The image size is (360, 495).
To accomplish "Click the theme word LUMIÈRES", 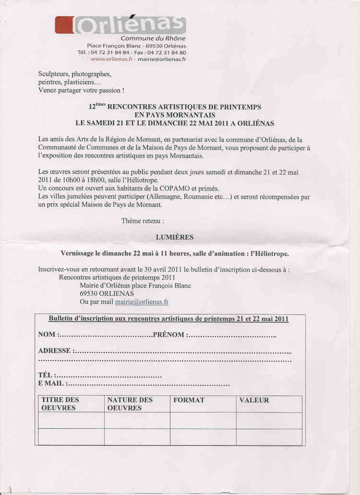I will [x=175, y=237].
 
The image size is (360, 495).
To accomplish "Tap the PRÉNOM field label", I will [x=168, y=334].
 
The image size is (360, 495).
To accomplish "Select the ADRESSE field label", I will [x=54, y=351].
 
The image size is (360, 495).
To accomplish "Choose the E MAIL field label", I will [x=50, y=384].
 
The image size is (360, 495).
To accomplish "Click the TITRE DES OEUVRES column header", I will [x=60, y=404].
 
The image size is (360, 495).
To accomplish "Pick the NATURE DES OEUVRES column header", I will [x=130, y=404].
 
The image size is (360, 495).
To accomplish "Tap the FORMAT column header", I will [x=189, y=400].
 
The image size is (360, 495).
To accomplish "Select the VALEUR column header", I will [x=254, y=400].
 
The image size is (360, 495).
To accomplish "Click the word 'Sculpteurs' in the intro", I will [x=54, y=74].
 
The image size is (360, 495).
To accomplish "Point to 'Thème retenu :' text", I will [x=143, y=221].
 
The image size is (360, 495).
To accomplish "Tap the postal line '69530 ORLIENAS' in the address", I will [x=107, y=293].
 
